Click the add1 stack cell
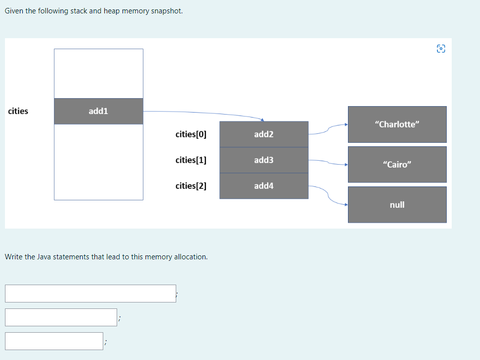[x=98, y=111]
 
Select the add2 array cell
[x=264, y=134]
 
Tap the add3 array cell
[x=264, y=160]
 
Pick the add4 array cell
[x=264, y=186]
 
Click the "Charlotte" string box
[x=397, y=124]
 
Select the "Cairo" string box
[x=397, y=164]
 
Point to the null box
[x=397, y=204]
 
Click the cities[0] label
[x=191, y=134]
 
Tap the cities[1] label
[x=191, y=160]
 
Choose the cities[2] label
[x=191, y=185]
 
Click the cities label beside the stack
[x=18, y=111]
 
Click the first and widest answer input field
[x=90, y=293]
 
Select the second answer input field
[x=61, y=317]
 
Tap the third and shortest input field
[x=54, y=341]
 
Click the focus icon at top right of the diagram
[x=441, y=49]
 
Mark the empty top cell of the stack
[x=98, y=73]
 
